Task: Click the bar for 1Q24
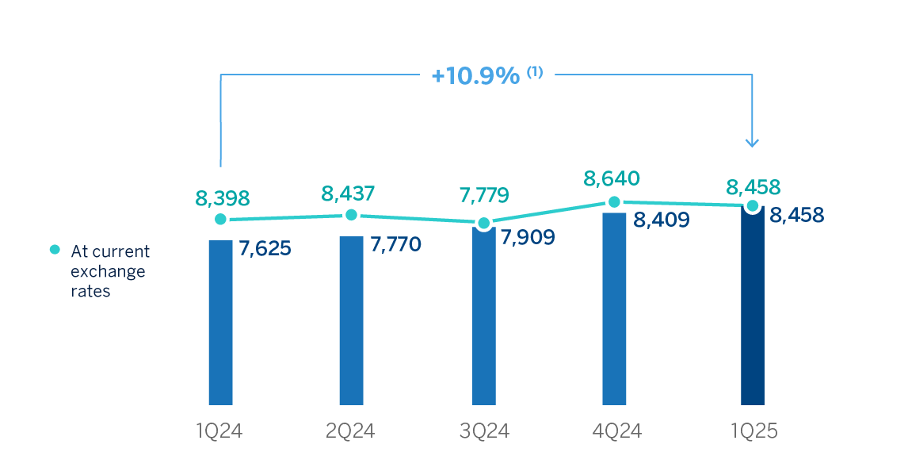pos(220,321)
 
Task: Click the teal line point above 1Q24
pos(220,219)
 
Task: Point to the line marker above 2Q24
pos(351,215)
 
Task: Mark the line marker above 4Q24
pos(614,203)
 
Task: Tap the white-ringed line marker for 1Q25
pos(752,207)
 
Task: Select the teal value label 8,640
pos(612,178)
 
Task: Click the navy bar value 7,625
pos(265,248)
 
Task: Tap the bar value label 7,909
pos(529,235)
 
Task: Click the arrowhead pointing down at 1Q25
pos(752,143)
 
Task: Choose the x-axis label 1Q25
pos(752,431)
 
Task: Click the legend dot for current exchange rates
pos(55,250)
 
